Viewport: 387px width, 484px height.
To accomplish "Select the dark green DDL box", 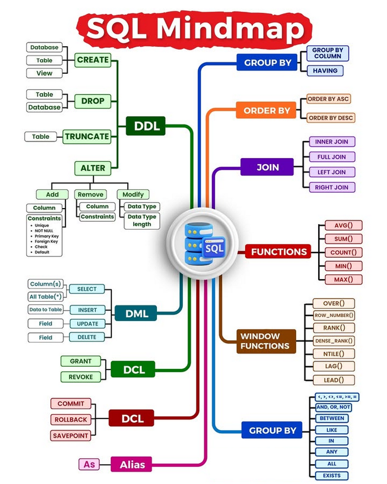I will pyautogui.click(x=146, y=126).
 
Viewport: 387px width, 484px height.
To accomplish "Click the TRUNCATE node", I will pyautogui.click(x=86, y=137).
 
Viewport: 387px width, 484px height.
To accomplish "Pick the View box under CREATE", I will pyautogui.click(x=44, y=73).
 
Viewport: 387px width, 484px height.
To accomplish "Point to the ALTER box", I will pyautogui.click(x=92, y=167).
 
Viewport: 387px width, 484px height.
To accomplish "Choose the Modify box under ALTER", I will pyautogui.click(x=133, y=194).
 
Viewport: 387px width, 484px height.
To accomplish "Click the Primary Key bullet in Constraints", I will pyautogui.click(x=46, y=236).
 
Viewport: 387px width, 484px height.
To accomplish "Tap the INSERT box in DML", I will pyautogui.click(x=87, y=310).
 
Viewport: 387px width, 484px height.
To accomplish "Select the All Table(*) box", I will pyautogui.click(x=45, y=296).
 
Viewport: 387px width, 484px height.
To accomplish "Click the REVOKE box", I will pyautogui.click(x=81, y=377).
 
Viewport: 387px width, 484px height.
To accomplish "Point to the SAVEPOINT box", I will pyautogui.click(x=70, y=436).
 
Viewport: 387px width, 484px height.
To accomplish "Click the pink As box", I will pyautogui.click(x=89, y=464).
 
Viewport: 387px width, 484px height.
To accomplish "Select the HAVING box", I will pyautogui.click(x=325, y=70).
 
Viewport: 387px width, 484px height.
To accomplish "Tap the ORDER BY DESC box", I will pyautogui.click(x=330, y=118).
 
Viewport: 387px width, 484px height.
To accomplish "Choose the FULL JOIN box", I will pyautogui.click(x=331, y=157).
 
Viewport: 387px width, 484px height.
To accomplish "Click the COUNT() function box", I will pyautogui.click(x=343, y=252).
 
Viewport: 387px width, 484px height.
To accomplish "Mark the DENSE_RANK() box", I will pyautogui.click(x=334, y=341).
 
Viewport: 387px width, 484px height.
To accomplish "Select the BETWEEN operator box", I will pyautogui.click(x=331, y=418).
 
